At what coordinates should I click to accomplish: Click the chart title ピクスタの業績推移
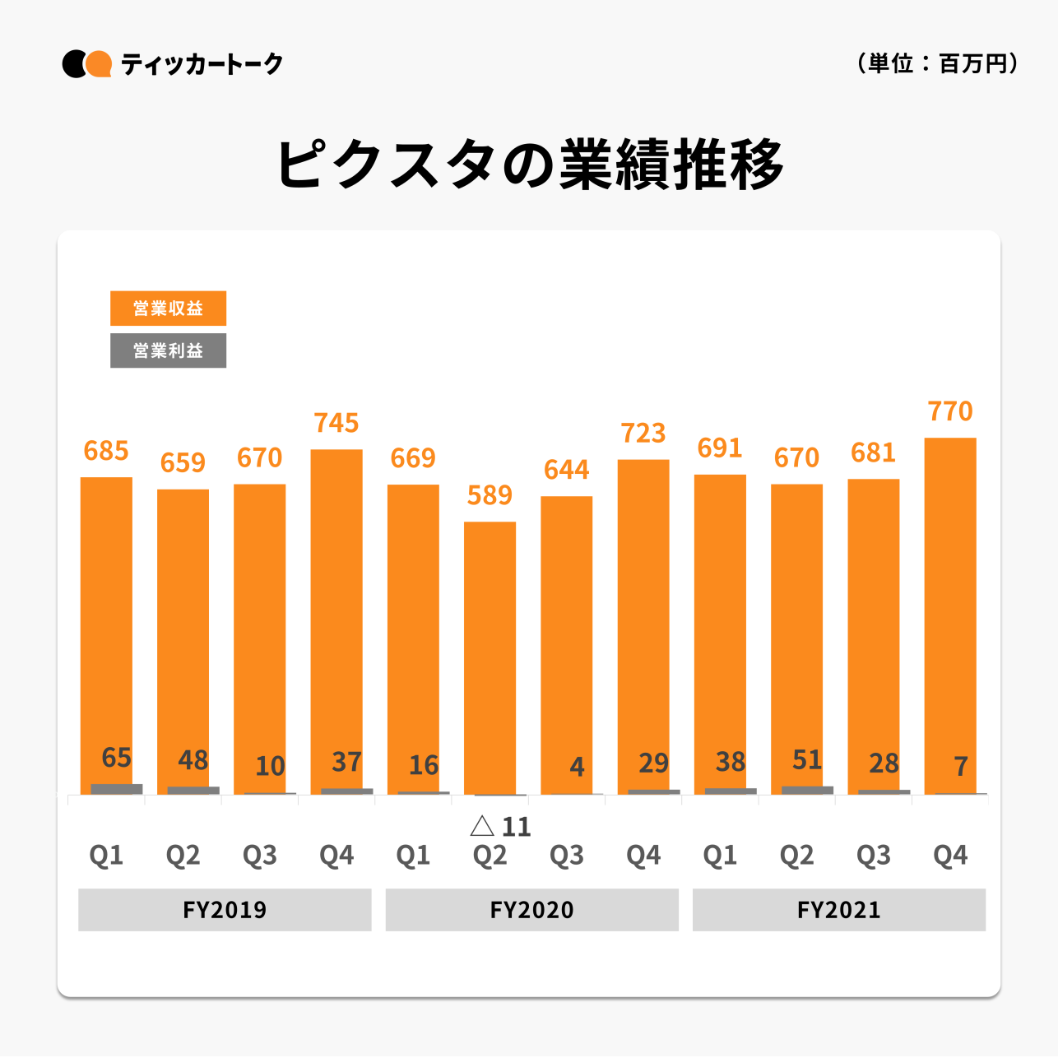pyautogui.click(x=529, y=165)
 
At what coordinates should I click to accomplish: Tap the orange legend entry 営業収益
pyautogui.click(x=168, y=309)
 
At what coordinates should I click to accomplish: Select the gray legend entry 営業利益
pyautogui.click(x=168, y=350)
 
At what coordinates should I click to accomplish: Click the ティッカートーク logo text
pyautogui.click(x=202, y=64)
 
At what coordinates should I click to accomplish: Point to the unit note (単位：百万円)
pyautogui.click(x=937, y=63)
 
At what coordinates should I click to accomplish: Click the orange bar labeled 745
pyautogui.click(x=336, y=617)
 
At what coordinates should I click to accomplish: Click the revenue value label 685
pyautogui.click(x=106, y=451)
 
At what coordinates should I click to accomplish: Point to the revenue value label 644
pyautogui.click(x=566, y=470)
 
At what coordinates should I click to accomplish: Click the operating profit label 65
pyautogui.click(x=116, y=757)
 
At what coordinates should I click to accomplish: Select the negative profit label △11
pyautogui.click(x=500, y=826)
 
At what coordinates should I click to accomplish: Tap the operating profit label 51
pyautogui.click(x=807, y=759)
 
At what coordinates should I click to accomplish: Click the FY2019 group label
pyautogui.click(x=225, y=910)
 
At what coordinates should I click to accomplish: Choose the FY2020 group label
pyautogui.click(x=531, y=910)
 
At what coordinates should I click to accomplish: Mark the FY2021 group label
pyautogui.click(x=838, y=910)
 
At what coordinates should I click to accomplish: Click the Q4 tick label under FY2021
pyautogui.click(x=950, y=856)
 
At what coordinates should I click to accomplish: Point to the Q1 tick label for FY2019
pyautogui.click(x=106, y=856)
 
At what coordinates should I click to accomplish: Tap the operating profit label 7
pyautogui.click(x=960, y=767)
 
